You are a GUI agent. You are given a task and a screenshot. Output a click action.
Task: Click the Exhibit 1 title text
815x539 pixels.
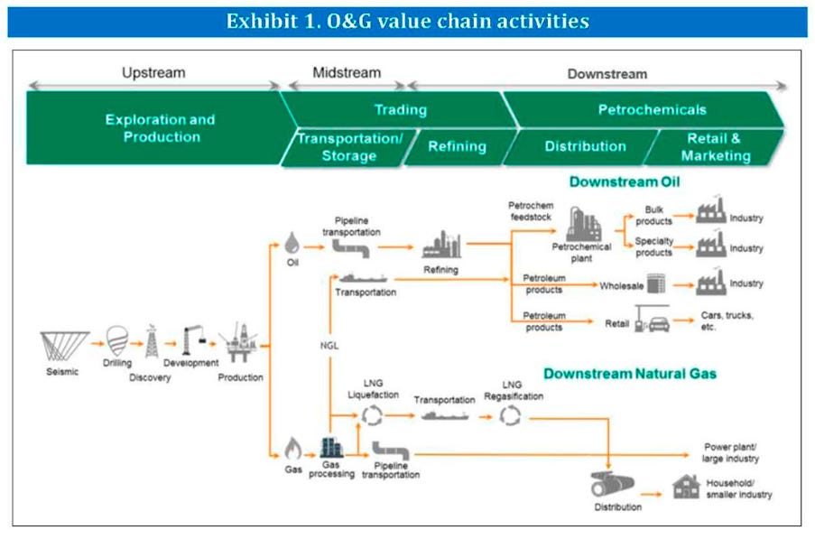coord(408,22)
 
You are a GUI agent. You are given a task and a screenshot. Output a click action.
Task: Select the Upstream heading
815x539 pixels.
coord(153,73)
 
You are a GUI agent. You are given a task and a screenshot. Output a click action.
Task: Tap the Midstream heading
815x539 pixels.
coord(347,73)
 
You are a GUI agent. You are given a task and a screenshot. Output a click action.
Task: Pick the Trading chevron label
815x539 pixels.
coord(401,109)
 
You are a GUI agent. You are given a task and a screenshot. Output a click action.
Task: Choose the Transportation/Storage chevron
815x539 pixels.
coord(349,147)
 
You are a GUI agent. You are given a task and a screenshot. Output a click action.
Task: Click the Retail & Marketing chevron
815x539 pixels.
coord(715,147)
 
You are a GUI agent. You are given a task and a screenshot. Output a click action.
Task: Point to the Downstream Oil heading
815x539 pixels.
coord(625,181)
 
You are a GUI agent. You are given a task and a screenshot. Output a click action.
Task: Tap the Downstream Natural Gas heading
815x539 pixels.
coord(630,374)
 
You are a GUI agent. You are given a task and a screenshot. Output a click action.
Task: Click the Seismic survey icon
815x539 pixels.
coord(64,346)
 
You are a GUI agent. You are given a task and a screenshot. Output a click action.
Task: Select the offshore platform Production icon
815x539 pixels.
coord(239,342)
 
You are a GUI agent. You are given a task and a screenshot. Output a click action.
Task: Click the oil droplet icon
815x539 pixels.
coord(292,243)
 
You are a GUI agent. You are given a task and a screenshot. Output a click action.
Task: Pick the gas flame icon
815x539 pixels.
coord(292,449)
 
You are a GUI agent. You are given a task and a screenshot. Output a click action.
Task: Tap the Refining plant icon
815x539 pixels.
coord(442,245)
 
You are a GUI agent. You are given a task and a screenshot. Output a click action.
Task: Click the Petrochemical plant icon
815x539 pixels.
coord(583,224)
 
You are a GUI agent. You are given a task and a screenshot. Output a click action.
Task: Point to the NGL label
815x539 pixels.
coord(329,346)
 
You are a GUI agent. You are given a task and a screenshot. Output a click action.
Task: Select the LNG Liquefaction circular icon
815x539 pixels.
coord(372,416)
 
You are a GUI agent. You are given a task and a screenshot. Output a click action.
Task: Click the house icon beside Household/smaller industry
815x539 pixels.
coord(686,487)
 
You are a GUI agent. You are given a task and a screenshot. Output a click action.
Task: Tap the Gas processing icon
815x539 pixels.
coord(331,448)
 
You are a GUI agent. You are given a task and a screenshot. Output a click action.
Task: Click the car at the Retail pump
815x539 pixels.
coord(659,324)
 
